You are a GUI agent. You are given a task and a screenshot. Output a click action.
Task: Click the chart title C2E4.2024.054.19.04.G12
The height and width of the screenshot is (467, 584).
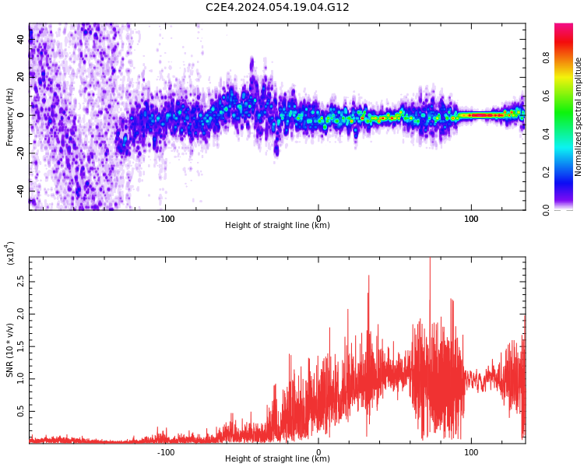tap(277, 7)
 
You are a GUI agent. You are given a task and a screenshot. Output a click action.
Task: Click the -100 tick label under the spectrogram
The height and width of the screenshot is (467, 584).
tap(165, 219)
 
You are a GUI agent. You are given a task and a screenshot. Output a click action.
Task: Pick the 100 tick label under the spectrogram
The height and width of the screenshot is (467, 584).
tap(470, 219)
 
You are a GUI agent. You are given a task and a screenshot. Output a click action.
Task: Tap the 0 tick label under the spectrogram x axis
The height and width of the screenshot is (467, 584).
tap(318, 219)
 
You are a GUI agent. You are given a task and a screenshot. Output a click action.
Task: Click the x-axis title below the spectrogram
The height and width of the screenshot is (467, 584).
tap(277, 226)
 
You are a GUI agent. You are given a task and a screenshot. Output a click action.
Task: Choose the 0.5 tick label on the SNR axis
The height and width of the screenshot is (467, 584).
tap(20, 412)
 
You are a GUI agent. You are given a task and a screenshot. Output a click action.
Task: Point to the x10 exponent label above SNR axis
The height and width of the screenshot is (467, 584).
tap(11, 253)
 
